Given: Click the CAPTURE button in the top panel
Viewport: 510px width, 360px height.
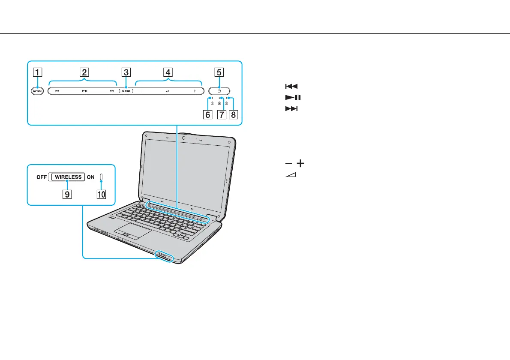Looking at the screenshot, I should click(x=37, y=91).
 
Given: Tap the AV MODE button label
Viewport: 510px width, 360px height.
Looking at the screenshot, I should click(x=126, y=91).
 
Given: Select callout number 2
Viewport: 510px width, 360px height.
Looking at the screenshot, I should click(x=85, y=72).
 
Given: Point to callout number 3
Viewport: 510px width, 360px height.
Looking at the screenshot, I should click(x=126, y=72).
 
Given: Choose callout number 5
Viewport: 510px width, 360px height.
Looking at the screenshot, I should click(x=219, y=72).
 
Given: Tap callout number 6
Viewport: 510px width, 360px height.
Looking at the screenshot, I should click(x=208, y=115).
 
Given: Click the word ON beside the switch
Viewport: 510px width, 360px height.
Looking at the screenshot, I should click(x=90, y=177).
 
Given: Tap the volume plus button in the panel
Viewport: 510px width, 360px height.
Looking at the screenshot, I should click(x=195, y=91).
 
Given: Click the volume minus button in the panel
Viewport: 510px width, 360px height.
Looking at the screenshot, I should click(x=140, y=91).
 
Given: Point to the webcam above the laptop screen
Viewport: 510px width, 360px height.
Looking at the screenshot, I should click(x=183, y=138).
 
